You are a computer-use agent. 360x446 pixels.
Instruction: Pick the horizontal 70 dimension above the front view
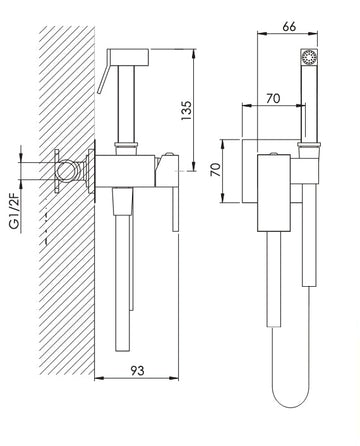(272, 100)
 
